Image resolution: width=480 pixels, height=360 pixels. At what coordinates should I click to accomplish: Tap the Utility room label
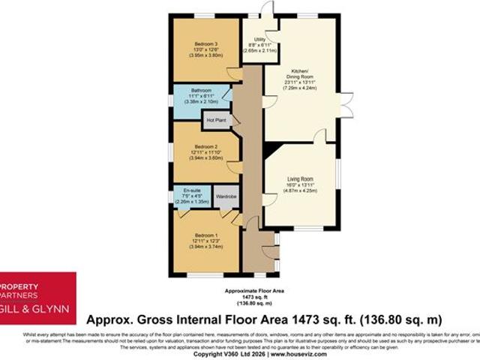(259, 39)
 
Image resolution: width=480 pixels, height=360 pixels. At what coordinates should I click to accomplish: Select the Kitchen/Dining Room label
(298, 73)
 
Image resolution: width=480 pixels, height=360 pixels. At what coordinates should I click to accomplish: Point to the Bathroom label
(201, 91)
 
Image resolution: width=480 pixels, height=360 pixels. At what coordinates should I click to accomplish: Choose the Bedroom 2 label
(205, 146)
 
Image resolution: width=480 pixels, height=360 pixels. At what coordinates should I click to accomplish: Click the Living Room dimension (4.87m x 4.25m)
(300, 191)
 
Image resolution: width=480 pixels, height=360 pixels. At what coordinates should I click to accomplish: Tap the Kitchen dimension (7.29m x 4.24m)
(298, 88)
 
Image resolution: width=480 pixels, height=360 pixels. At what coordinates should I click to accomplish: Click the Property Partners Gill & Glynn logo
(37, 298)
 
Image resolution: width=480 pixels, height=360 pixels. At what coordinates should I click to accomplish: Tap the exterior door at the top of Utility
(262, 10)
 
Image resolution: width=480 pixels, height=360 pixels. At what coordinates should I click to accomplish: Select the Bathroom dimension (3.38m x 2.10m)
(201, 102)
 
